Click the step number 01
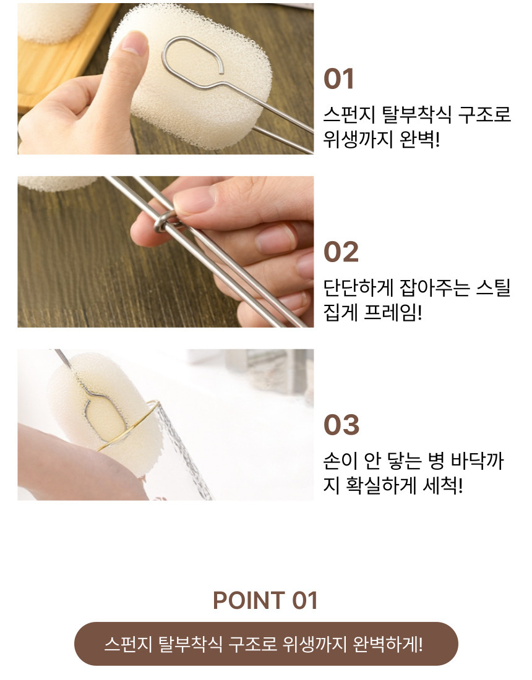pyautogui.click(x=339, y=79)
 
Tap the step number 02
pyautogui.click(x=341, y=252)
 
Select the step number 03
pyautogui.click(x=341, y=425)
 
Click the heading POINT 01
pyautogui.click(x=265, y=601)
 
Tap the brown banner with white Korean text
pyautogui.click(x=266, y=644)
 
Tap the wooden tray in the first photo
pyautogui.click(x=56, y=65)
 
